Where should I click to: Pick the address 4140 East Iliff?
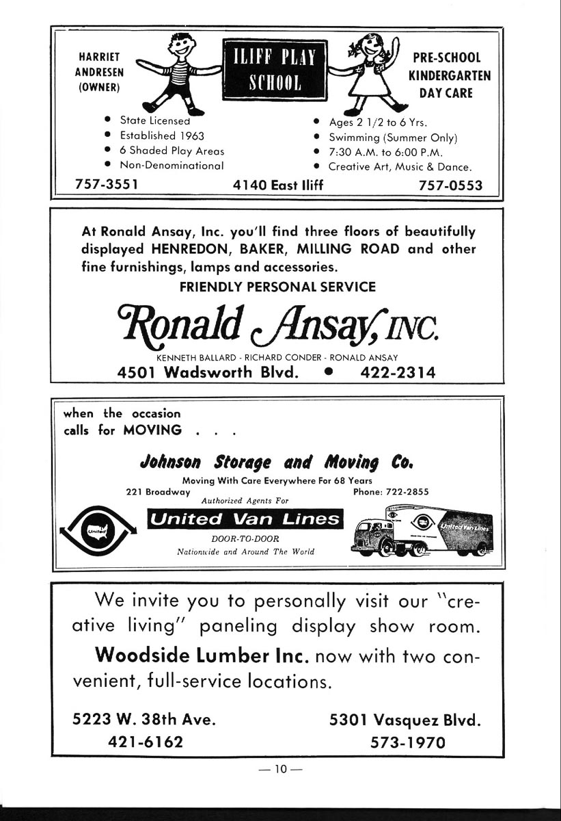[x=278, y=185]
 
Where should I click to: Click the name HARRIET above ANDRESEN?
[x=95, y=57]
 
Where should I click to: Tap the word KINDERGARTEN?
[x=449, y=75]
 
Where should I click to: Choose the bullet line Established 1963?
[x=162, y=135]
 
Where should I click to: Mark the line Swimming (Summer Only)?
[x=392, y=137]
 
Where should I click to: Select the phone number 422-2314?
[x=397, y=372]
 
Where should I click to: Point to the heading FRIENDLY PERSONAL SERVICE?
[x=277, y=287]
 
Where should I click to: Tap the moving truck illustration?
[x=421, y=528]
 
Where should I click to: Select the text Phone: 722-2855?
[x=391, y=491]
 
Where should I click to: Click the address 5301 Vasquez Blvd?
[x=405, y=720]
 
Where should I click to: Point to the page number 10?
[x=279, y=769]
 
